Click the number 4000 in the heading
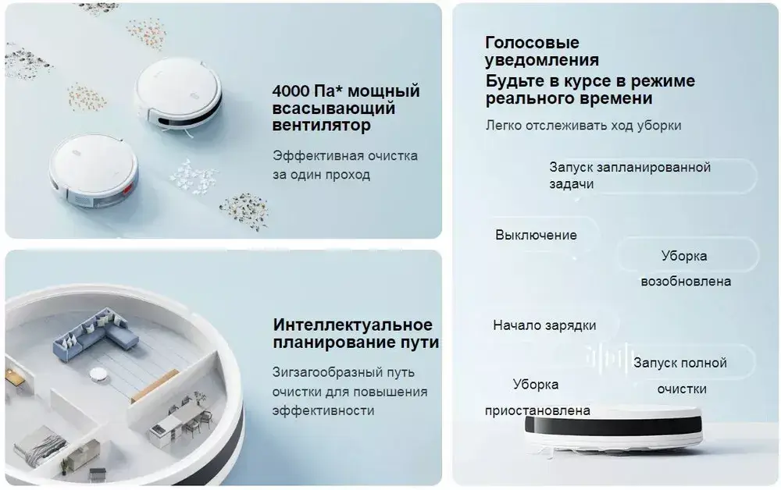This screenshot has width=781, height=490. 291,91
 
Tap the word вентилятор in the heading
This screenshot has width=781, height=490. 321,125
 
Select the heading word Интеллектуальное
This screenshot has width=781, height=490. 353,325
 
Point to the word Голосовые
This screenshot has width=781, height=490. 532,42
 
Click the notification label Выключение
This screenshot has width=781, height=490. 536,235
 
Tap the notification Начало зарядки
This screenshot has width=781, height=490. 544,325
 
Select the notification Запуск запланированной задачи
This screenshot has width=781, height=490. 629,175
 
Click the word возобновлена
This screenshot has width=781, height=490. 686,282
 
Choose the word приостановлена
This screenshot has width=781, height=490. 537,410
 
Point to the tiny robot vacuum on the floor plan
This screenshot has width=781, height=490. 98,374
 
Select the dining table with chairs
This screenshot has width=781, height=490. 180,418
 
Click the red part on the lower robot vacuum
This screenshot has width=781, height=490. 128,188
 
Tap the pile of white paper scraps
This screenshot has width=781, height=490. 193,176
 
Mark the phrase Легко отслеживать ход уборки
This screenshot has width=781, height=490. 583,126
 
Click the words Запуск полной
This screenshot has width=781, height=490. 680,363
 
